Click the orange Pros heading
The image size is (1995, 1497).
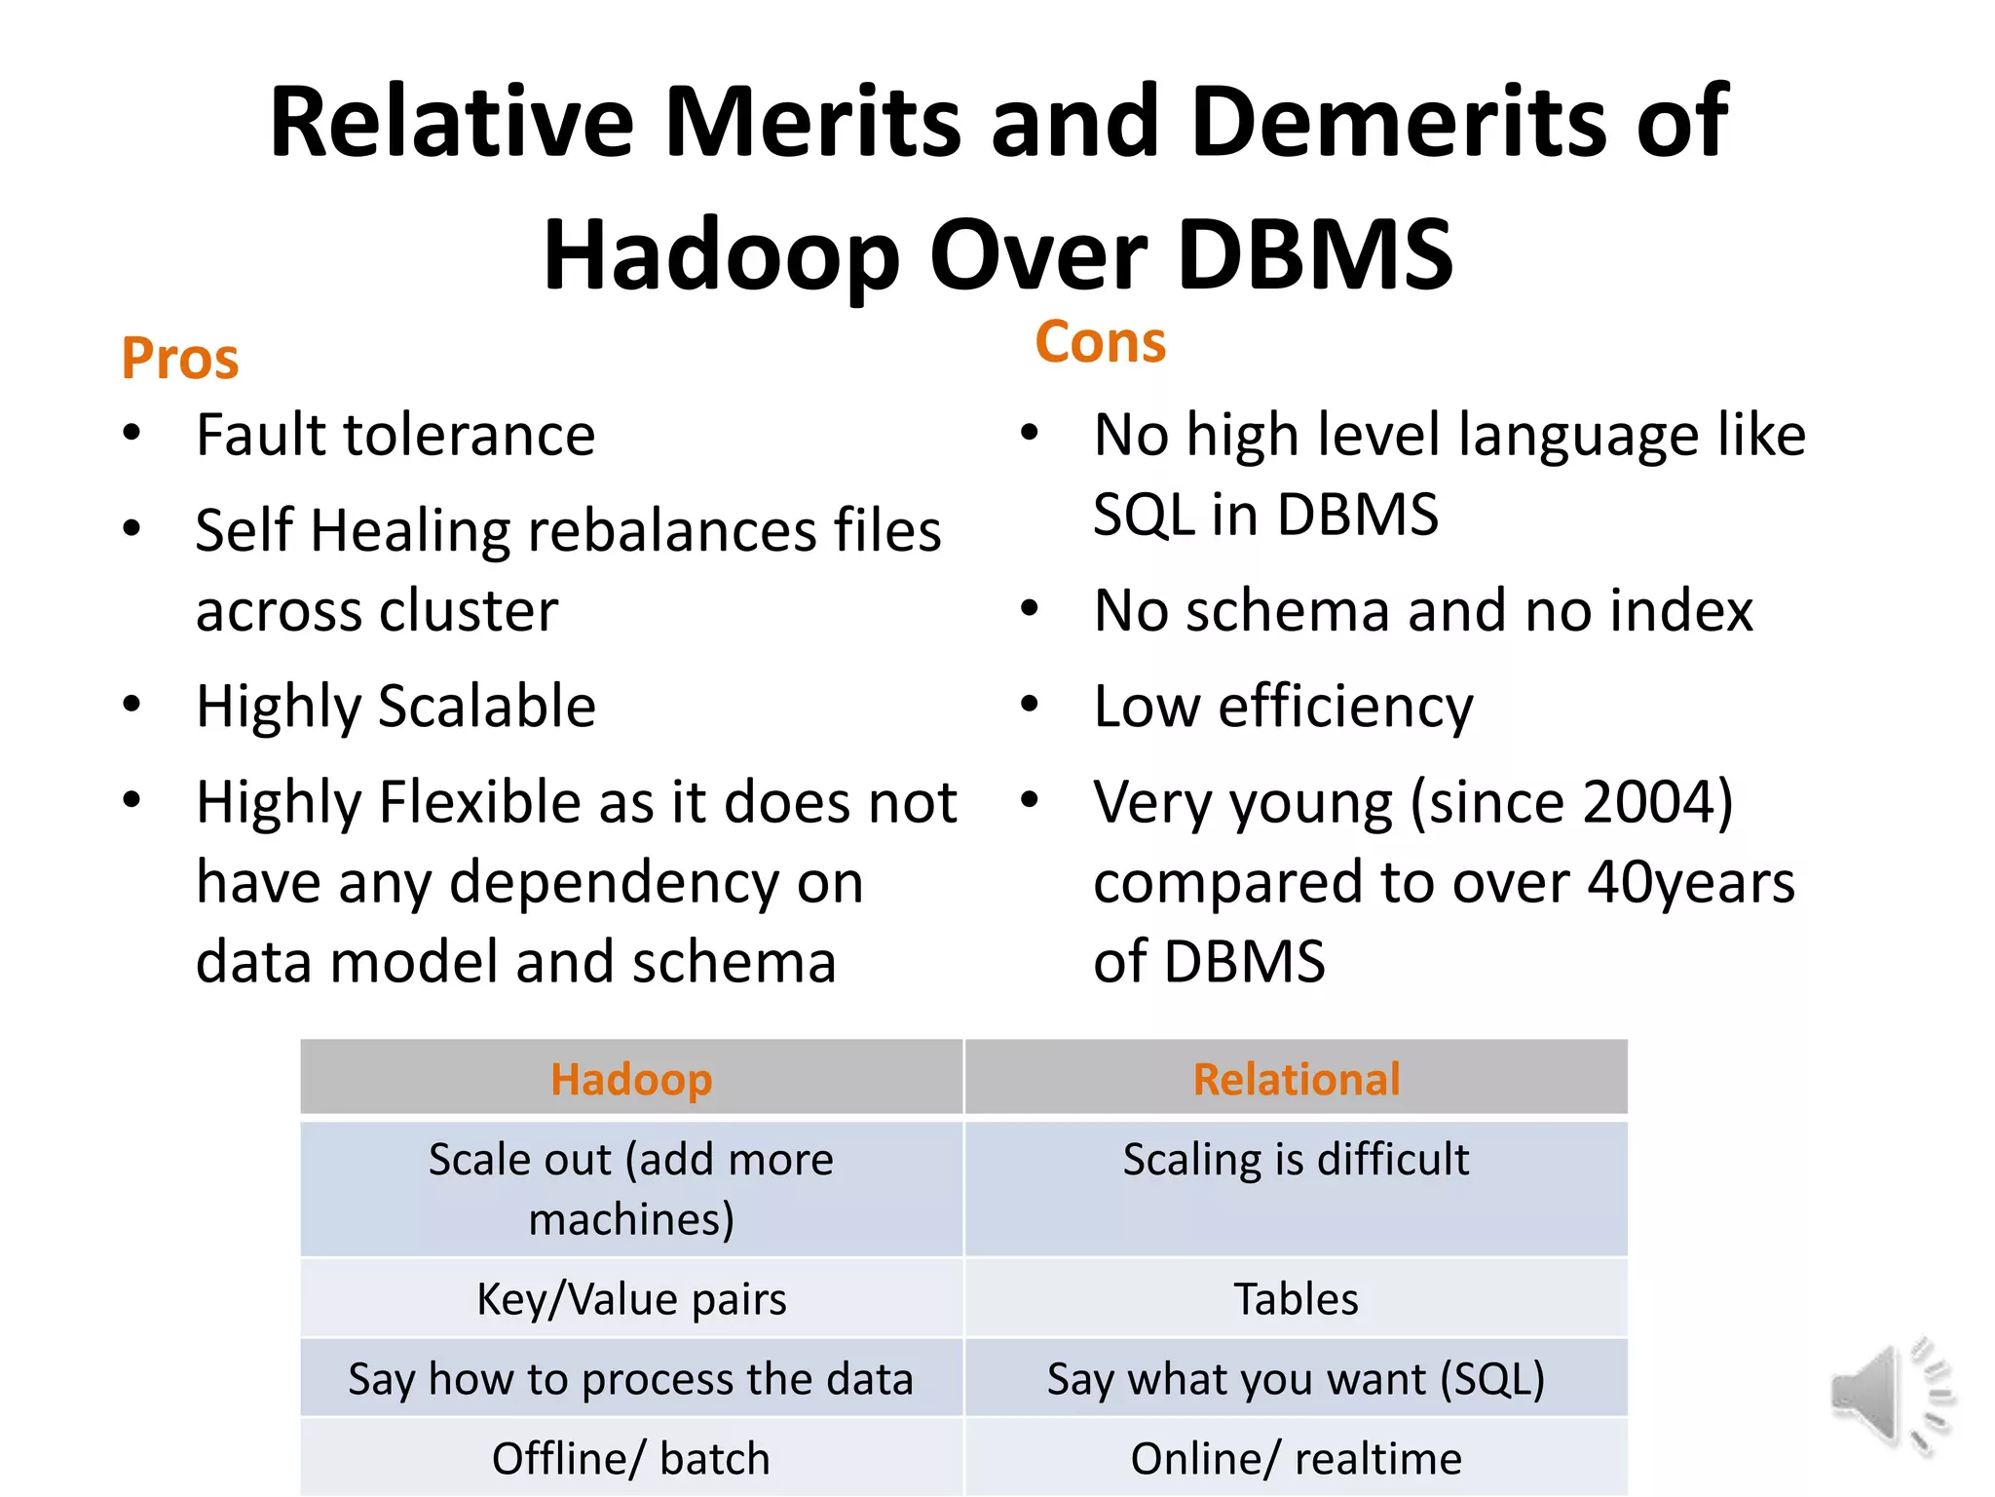[180, 359]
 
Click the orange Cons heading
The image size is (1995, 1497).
[1100, 342]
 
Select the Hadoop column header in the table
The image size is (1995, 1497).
[631, 1079]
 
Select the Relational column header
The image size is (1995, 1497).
[1297, 1079]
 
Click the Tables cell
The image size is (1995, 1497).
[1297, 1299]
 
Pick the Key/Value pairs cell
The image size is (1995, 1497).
[631, 1299]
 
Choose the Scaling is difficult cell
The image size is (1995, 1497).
[1297, 1160]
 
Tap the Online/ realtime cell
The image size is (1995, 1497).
[1297, 1459]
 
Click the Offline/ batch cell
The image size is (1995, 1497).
[631, 1459]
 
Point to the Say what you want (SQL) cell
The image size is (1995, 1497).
[1297, 1379]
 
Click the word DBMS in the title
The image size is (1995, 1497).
[1316, 255]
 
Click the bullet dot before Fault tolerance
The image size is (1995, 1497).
[132, 433]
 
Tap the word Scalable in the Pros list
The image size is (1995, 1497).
[487, 706]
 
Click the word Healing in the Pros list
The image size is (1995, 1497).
[410, 532]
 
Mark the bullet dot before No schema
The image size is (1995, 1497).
[1030, 609]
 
